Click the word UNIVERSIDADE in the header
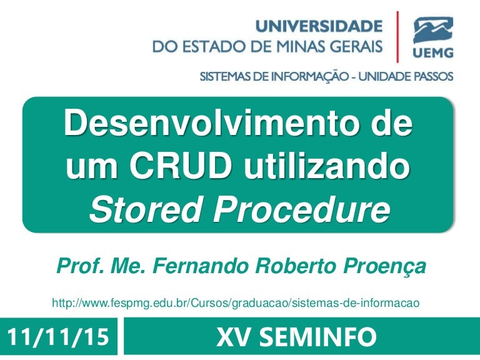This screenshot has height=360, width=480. point(319,26)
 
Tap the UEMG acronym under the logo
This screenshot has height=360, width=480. point(433,53)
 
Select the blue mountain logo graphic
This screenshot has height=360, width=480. point(433,31)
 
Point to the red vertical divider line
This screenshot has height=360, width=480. point(397,37)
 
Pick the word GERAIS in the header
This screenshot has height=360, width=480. point(357,46)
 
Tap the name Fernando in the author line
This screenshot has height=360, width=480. point(201,266)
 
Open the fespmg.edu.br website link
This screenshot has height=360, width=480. point(236,303)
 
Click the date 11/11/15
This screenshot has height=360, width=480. point(58,337)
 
